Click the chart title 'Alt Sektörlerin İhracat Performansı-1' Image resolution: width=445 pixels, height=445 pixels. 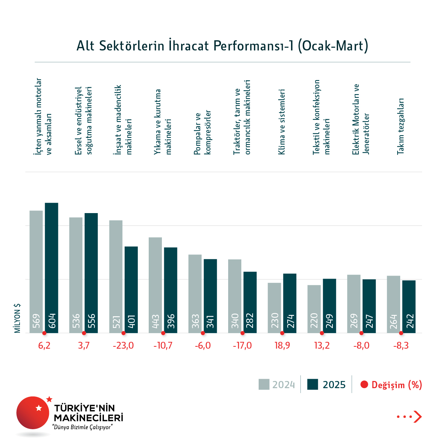click(222, 46)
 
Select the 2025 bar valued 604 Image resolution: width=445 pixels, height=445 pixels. click(52, 267)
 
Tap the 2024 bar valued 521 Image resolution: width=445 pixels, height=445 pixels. click(116, 276)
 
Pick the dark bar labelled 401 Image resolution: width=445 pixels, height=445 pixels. click(131, 290)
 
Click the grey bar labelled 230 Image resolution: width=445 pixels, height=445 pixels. click(274, 308)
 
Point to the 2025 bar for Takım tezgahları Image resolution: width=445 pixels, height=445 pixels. click(409, 306)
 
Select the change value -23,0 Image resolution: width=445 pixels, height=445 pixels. click(123, 346)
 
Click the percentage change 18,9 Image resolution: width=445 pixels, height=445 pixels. click(282, 346)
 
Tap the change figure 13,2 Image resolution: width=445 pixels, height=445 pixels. click(322, 346)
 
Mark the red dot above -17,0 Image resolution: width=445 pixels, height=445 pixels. click(242, 333)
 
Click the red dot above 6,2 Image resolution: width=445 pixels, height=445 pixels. click(44, 333)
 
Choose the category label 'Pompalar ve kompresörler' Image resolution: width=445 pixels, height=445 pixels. click(203, 133)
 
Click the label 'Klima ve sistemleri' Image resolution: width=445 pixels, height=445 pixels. click(282, 122)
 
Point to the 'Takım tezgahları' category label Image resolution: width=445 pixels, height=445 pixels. click(401, 126)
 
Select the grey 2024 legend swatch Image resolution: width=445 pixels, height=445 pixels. click(264, 384)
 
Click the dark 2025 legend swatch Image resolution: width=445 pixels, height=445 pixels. click(312, 384)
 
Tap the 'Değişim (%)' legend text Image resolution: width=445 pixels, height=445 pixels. click(396, 385)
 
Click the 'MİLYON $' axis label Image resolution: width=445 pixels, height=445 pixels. click(17, 319)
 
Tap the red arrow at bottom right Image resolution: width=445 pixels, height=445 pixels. click(418, 417)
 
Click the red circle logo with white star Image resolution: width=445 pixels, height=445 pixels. click(33, 413)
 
